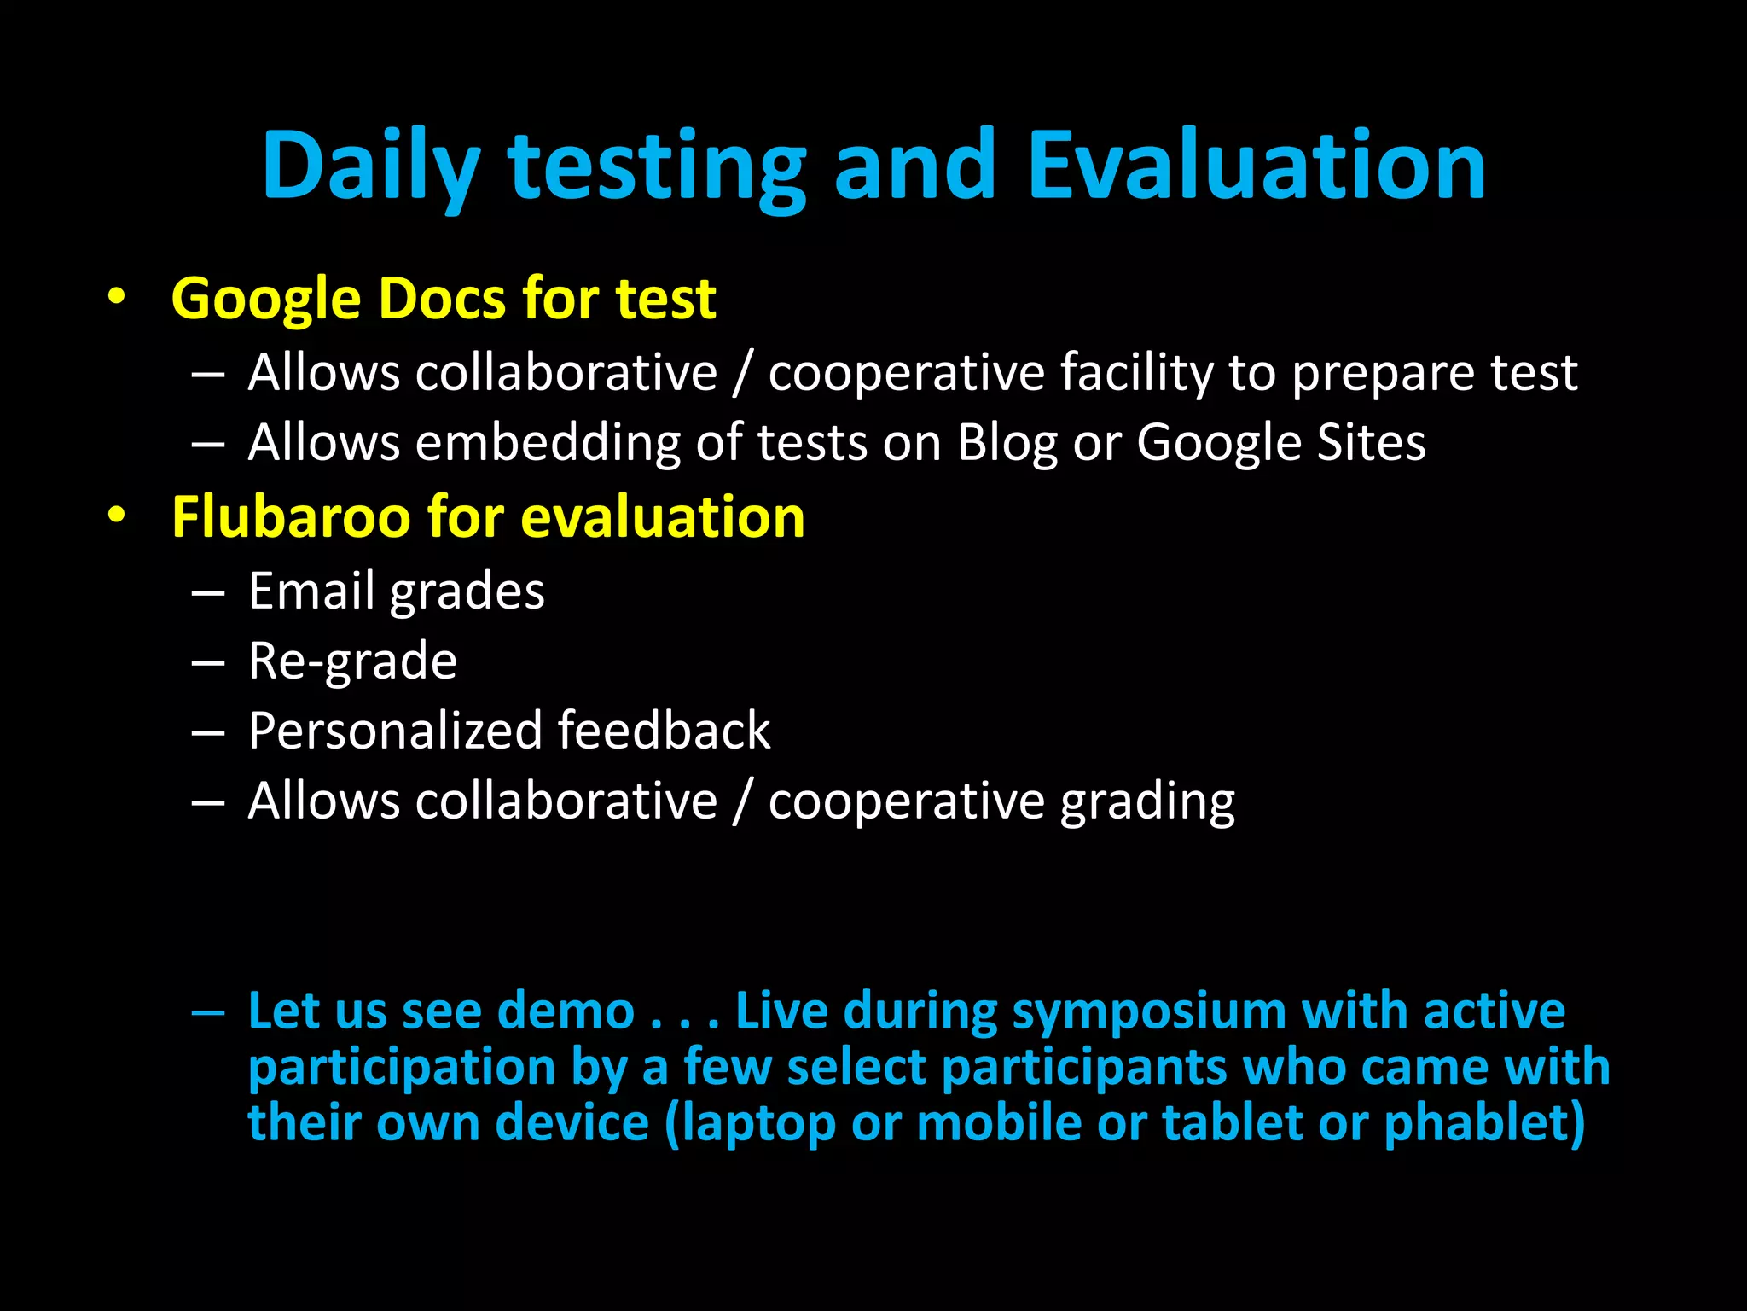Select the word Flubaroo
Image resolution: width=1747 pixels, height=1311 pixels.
(290, 517)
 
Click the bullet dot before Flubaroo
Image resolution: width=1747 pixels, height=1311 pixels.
(117, 515)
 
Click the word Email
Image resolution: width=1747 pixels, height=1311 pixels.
(311, 591)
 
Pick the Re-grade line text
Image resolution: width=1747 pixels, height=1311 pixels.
(352, 662)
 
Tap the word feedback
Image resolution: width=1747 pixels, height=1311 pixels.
(665, 731)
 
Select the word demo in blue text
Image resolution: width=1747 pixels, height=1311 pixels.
(566, 1011)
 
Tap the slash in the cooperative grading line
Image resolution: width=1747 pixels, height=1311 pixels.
(743, 801)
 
